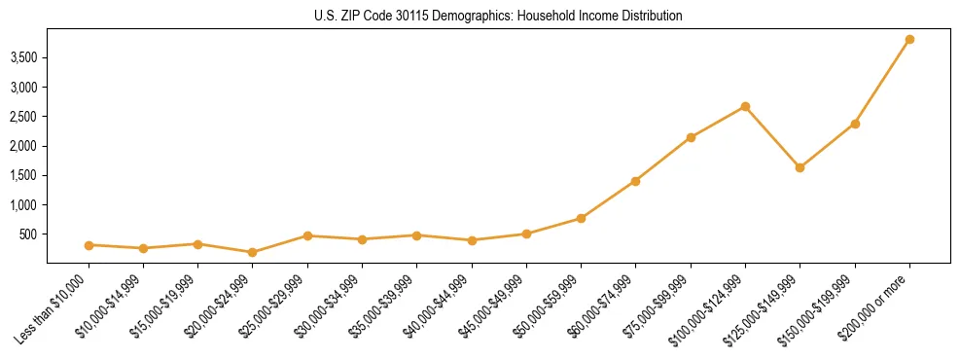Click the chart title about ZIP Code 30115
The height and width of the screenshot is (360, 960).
coord(498,17)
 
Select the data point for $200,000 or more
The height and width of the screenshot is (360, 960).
coord(909,40)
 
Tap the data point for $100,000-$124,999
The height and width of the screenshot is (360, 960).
coord(745,106)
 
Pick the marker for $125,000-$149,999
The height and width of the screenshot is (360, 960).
coord(800,167)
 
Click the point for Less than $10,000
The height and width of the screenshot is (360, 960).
coord(89,245)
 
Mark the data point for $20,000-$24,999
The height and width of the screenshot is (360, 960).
coord(253,252)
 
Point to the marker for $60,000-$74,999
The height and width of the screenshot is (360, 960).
coord(635,181)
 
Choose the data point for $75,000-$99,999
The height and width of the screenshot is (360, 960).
coord(691,137)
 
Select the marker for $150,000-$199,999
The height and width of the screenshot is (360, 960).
coord(855,124)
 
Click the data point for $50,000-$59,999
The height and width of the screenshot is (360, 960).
coord(581,218)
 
